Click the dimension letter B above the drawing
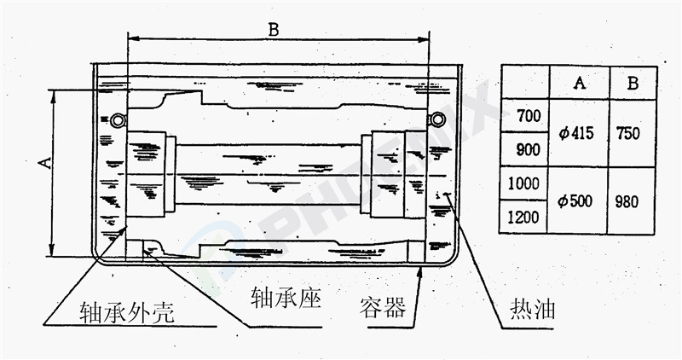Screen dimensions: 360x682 (x=274, y=29)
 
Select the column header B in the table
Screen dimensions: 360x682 (x=633, y=83)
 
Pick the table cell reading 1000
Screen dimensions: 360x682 (x=523, y=183)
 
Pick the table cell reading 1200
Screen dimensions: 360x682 (x=523, y=217)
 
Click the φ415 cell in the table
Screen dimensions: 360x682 (x=577, y=133)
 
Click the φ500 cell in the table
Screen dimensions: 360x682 (x=577, y=201)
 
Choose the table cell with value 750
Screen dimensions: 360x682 (x=632, y=133)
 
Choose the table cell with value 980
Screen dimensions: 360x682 (x=632, y=201)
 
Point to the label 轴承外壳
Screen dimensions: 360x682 (x=127, y=313)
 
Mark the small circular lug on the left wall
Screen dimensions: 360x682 (x=116, y=118)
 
